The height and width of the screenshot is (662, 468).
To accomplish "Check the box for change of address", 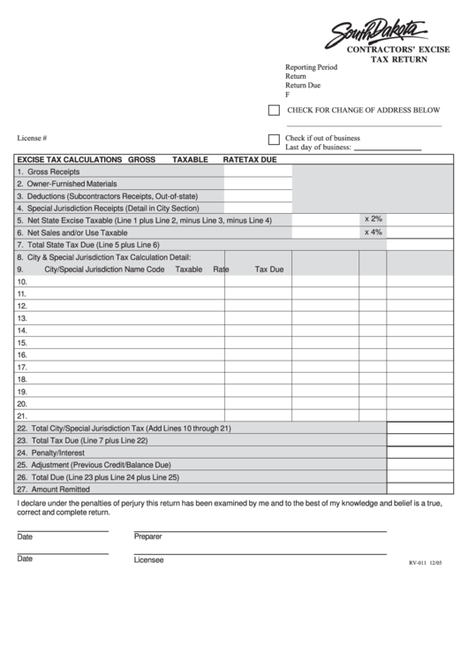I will click(274, 110).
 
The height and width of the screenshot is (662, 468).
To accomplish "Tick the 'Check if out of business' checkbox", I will click(274, 139).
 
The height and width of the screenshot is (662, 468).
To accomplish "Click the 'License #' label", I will click(32, 139).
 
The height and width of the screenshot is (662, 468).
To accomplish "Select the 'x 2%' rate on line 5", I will click(374, 218).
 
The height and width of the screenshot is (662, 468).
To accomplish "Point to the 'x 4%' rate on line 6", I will click(374, 232).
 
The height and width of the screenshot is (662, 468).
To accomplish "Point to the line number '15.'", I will click(22, 343).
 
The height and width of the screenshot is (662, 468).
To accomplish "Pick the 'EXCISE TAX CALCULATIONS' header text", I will click(70, 159).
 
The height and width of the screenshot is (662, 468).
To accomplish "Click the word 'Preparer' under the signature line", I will click(148, 536).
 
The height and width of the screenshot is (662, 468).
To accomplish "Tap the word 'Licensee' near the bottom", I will click(148, 559).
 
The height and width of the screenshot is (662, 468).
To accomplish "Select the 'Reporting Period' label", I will click(311, 67).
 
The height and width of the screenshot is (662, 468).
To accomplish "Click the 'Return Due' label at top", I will click(303, 86).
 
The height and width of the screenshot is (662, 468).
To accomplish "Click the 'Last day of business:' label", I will click(318, 148).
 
